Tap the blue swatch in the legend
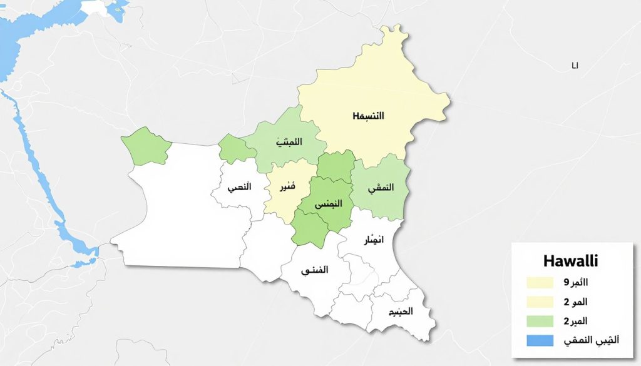click(x=540, y=341)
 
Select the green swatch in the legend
click(x=540, y=322)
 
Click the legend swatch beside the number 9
click(x=540, y=283)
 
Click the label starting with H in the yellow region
click(x=368, y=116)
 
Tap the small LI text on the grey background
click(x=575, y=65)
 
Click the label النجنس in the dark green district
click(x=326, y=205)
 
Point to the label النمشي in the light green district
click(x=382, y=188)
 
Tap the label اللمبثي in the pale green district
click(x=289, y=142)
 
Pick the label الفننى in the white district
click(x=315, y=271)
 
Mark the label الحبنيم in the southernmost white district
click(x=400, y=312)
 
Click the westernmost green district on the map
click(x=146, y=146)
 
